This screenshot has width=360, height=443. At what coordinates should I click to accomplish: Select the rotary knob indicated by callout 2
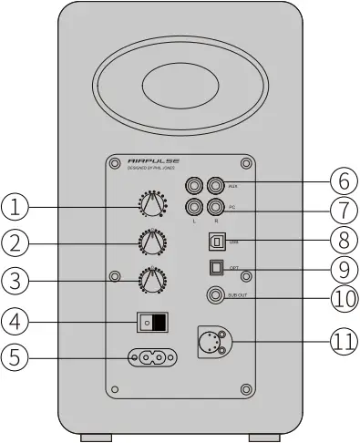[151, 242]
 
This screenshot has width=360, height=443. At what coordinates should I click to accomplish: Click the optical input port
[215, 268]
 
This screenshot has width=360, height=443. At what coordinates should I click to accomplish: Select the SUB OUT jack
[217, 295]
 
